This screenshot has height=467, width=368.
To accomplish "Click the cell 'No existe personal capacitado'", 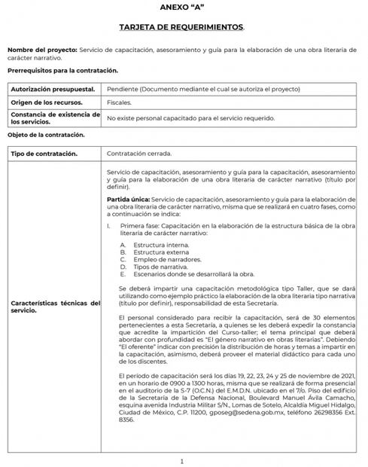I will point(190,118).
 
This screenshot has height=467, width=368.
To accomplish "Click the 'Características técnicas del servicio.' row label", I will point(54,306).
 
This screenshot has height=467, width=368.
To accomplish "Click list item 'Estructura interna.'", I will point(162,246).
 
